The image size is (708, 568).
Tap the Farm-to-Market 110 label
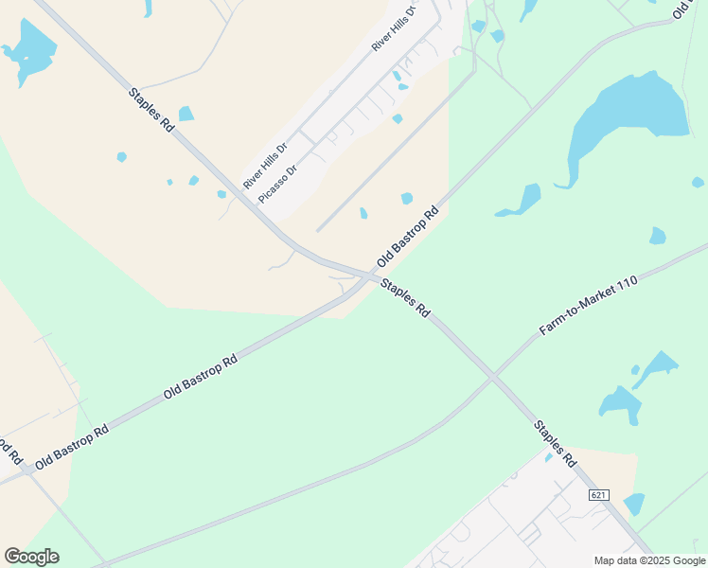point(588,306)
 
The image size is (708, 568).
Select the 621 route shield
point(597,495)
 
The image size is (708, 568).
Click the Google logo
point(31,557)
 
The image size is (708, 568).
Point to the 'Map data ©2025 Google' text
point(649,560)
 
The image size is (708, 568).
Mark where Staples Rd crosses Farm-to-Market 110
point(492,376)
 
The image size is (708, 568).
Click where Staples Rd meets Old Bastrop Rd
point(369,276)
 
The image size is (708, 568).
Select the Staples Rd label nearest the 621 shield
point(555,443)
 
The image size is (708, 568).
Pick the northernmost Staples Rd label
point(152,110)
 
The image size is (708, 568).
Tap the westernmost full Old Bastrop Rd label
point(72,448)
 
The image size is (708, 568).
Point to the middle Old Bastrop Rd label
point(200,377)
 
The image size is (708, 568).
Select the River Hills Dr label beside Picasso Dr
point(264,165)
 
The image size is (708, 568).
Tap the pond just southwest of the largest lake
point(521,201)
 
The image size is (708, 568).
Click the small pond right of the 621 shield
point(634,504)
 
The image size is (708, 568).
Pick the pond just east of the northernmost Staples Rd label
point(186,114)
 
